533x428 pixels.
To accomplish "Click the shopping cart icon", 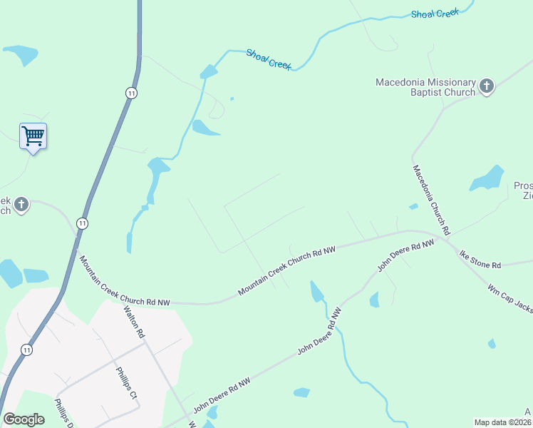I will point(33,135).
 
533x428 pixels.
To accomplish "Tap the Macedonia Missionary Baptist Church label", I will point(426,87).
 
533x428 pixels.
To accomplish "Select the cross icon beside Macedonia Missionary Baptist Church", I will point(487,86).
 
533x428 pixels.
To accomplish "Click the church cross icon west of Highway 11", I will point(21,205).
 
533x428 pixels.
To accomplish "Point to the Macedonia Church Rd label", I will point(432,200).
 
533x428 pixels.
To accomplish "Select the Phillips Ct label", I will point(126,382).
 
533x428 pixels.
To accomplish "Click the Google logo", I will point(24,419).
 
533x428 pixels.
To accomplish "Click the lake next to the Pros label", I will point(487,178).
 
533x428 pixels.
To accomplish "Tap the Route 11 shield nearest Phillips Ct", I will point(26,350).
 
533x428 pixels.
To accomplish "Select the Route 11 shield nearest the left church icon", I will point(83,223).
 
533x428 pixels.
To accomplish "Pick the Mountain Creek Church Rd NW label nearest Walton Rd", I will point(125,280).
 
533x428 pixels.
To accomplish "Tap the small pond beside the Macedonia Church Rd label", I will point(413,207).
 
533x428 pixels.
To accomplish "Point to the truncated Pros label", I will point(523,186).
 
